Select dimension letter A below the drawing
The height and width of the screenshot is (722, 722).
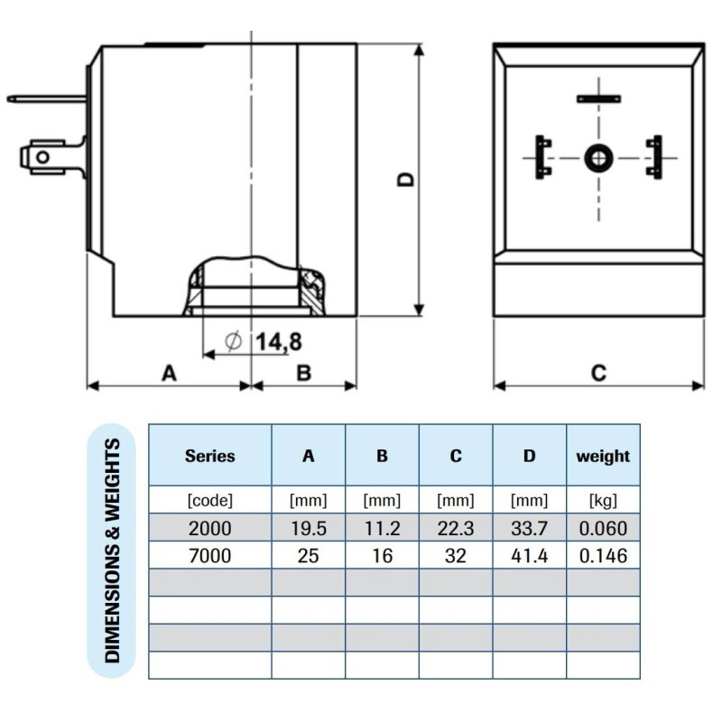coord(169,372)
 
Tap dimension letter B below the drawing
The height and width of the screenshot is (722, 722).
coord(303,372)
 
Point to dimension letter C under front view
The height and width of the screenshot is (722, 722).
coord(598,372)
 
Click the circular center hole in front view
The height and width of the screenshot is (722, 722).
coord(597,158)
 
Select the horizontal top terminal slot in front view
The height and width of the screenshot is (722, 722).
coord(597,98)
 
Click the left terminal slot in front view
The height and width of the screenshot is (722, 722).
coord(542,156)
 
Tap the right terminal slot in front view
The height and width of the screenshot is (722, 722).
coord(653,156)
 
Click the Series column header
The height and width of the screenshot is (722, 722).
coord(209,456)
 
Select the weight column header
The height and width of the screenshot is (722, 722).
coord(603,456)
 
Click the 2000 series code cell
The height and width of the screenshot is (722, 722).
coord(209,528)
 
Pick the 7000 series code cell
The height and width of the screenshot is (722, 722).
coord(209,556)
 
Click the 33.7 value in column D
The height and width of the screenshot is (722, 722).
coord(529,528)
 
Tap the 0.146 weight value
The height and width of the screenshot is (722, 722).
coord(603,556)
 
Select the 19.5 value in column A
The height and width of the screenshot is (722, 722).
coord(308,528)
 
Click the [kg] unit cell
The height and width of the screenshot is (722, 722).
coord(603,500)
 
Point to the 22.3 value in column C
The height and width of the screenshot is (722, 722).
coord(455,528)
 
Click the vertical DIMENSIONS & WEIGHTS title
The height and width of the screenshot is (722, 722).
coord(113,551)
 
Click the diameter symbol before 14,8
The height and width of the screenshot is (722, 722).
coord(232,341)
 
